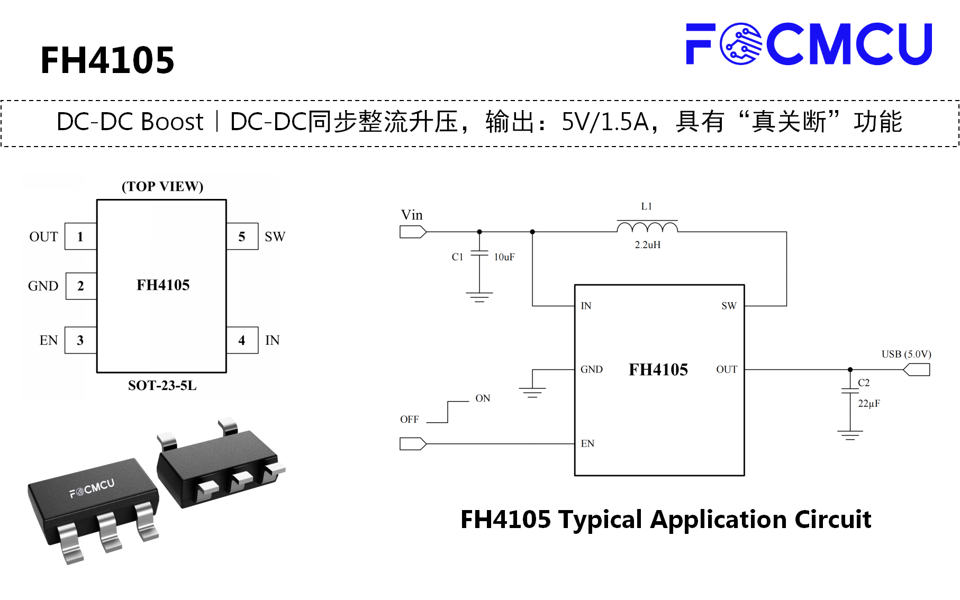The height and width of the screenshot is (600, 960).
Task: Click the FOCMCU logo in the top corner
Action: [809, 44]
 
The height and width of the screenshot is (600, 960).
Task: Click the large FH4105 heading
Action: [107, 60]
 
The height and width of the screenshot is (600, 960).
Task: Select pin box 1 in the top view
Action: [80, 237]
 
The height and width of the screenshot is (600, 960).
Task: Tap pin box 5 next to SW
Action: [242, 237]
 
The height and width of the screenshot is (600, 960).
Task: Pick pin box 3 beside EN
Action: [80, 340]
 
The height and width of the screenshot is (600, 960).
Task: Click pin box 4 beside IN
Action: [242, 340]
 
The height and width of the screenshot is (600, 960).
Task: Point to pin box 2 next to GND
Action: [81, 286]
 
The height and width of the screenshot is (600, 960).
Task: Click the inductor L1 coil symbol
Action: [647, 226]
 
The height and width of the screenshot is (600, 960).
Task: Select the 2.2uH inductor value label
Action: [648, 245]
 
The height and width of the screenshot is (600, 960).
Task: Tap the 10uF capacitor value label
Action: [504, 257]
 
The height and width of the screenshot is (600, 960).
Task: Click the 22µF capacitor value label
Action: [869, 404]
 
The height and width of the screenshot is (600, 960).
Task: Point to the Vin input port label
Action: [412, 215]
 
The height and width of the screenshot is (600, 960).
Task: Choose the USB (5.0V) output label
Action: [906, 354]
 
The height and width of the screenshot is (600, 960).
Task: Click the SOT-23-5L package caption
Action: [162, 385]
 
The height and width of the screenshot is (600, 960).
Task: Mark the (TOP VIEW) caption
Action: [162, 186]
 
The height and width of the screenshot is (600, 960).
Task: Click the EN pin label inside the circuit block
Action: [587, 443]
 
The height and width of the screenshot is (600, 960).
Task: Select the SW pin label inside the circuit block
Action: [729, 306]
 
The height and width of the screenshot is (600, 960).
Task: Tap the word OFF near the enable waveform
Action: [410, 420]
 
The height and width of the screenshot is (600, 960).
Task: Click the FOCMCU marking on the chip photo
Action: [92, 488]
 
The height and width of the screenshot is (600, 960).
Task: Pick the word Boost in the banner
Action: [172, 122]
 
